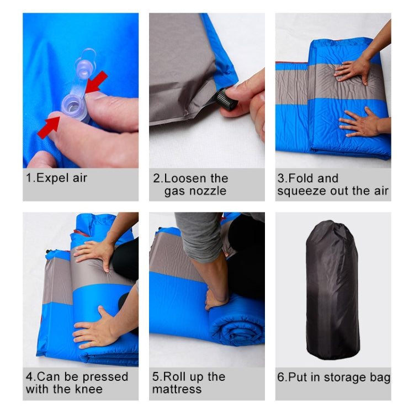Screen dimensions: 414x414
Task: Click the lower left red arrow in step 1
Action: (49, 126)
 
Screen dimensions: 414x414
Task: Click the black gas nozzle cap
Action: (227, 99)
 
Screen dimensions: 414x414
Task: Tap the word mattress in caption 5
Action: (177, 390)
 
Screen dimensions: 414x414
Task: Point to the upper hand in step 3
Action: (352, 70)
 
